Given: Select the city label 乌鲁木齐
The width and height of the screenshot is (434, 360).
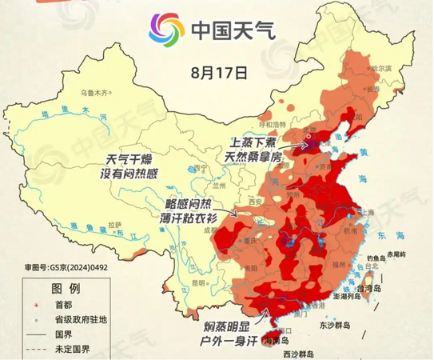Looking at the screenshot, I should tap(88, 92).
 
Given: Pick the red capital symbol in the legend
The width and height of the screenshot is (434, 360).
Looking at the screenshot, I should tap(27, 305).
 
